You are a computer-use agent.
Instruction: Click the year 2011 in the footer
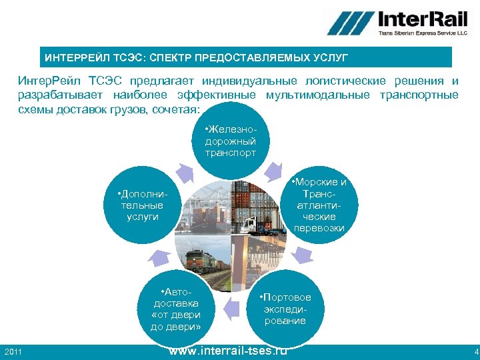click(13, 351)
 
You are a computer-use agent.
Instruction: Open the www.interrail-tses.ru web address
click(228, 351)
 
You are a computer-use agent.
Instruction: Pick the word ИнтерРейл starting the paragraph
click(43, 81)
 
